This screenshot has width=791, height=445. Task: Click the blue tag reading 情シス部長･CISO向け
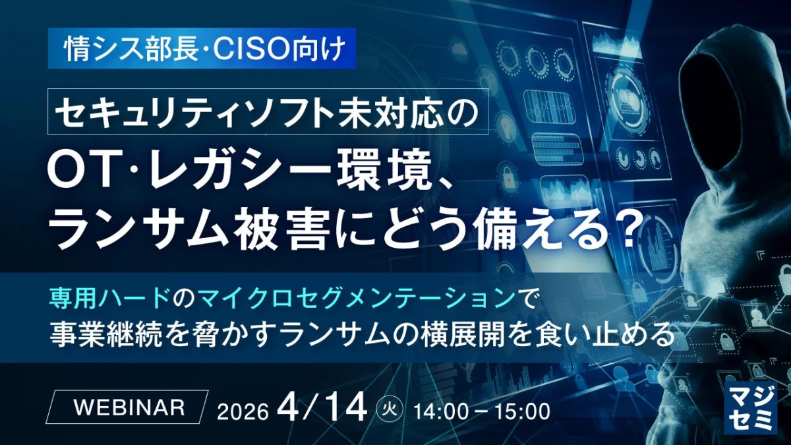coord(202,48)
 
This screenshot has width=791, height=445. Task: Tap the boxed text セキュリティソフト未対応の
coord(268,111)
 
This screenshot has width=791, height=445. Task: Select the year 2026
coord(243,411)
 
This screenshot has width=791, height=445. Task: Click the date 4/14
coord(322,407)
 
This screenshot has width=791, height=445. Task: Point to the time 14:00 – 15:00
coord(481,411)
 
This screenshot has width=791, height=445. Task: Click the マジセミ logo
coord(749,407)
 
